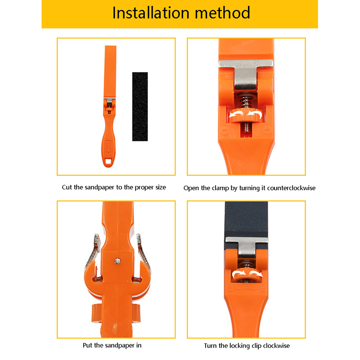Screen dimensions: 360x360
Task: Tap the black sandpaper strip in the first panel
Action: pos(140,106)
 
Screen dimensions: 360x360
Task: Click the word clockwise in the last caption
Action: pos(275,346)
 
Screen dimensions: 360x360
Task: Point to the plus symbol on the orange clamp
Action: pos(267,131)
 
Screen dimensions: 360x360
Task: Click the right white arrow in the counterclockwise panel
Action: pos(256,116)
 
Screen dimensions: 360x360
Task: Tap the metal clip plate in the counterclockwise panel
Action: pos(246,72)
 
